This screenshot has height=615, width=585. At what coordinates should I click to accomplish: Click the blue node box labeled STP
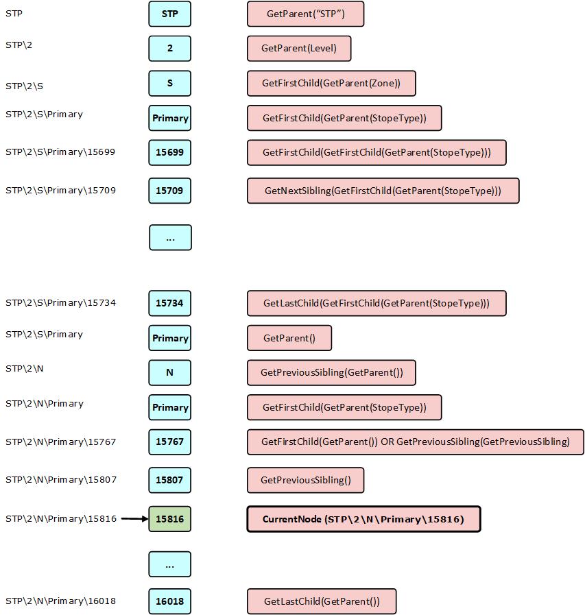click(x=170, y=14)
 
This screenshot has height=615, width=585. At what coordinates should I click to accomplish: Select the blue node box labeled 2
click(x=170, y=49)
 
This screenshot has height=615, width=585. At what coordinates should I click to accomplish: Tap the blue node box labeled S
click(x=170, y=83)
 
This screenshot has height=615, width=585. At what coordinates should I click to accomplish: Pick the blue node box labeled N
click(x=170, y=372)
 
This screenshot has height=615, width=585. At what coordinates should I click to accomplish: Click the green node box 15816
click(x=170, y=519)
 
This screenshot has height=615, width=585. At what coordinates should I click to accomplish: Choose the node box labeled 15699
click(x=170, y=153)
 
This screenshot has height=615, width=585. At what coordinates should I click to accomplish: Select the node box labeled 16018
click(x=170, y=601)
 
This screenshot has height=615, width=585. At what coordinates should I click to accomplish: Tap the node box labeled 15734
click(x=170, y=303)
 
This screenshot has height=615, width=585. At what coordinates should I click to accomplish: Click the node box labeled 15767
click(x=170, y=442)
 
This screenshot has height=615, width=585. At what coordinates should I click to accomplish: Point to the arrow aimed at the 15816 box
click(x=134, y=519)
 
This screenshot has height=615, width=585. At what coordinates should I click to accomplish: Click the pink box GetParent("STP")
click(x=306, y=14)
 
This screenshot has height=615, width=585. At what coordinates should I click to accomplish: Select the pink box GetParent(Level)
click(x=299, y=49)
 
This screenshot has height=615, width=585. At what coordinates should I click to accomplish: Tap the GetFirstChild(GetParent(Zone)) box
click(x=331, y=83)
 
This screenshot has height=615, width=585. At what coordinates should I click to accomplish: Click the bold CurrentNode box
click(x=363, y=519)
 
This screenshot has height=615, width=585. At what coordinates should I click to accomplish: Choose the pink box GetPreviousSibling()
click(x=306, y=480)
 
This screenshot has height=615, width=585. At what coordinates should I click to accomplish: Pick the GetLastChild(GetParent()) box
click(x=322, y=601)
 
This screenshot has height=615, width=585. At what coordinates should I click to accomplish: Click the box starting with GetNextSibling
click(x=383, y=191)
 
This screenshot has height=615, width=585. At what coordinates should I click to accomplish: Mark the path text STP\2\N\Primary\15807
click(x=61, y=480)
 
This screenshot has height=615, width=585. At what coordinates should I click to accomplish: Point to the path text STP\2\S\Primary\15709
click(x=60, y=191)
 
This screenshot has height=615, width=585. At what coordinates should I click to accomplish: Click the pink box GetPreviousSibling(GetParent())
click(x=331, y=372)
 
